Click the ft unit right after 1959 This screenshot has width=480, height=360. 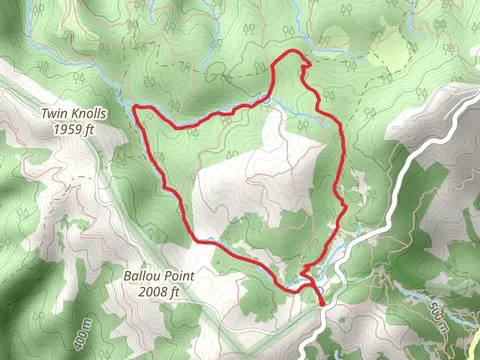tap(90, 129)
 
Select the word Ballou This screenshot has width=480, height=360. tap(141, 275)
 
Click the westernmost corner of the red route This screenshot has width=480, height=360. tap(135, 107)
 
